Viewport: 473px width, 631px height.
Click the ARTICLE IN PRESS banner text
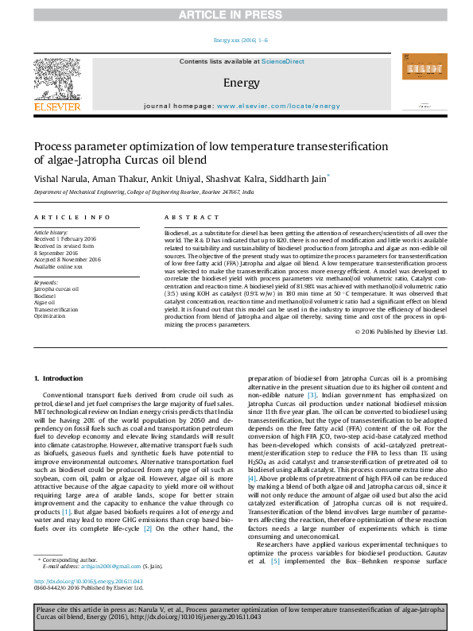(236, 15)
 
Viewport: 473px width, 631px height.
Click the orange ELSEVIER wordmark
(56, 106)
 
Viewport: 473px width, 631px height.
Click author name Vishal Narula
(60, 180)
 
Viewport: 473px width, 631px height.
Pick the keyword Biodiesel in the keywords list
(47, 296)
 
